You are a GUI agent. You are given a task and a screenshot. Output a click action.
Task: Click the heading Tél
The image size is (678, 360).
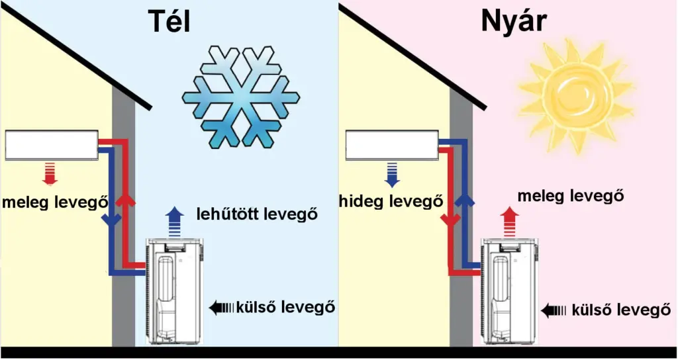169,22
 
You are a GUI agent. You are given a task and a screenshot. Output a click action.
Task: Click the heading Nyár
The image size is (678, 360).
513,22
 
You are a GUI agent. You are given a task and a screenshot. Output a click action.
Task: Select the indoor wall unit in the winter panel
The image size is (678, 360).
51,146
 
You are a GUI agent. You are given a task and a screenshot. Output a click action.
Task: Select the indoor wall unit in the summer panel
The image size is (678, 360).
391,146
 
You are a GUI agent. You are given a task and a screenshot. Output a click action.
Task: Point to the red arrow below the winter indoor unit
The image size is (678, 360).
50,173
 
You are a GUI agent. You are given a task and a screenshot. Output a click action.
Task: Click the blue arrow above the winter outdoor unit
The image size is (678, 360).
174,221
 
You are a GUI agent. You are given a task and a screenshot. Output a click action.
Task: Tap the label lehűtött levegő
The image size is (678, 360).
258,214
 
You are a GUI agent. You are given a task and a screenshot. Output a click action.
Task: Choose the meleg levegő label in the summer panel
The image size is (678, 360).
571,196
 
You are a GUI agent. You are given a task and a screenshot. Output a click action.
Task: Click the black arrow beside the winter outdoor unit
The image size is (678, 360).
222,307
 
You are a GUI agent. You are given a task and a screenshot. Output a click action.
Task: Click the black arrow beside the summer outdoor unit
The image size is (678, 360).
555,310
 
